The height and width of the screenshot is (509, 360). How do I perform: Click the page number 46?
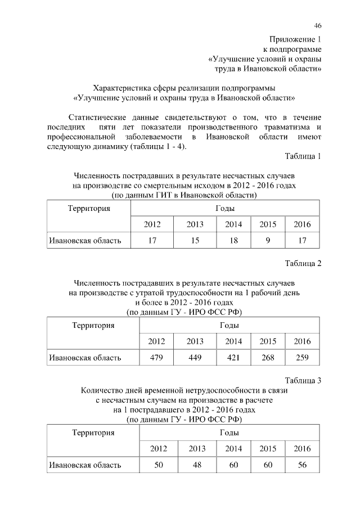(x=317, y=26)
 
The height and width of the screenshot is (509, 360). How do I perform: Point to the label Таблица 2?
(x=303, y=264)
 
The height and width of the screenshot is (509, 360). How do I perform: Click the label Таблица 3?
(x=303, y=380)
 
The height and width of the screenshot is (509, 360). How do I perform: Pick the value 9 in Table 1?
(x=268, y=241)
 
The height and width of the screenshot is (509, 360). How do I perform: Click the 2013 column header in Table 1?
(x=195, y=224)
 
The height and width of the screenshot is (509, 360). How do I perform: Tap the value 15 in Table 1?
(x=195, y=241)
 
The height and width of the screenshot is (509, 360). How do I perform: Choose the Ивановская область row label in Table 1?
(x=85, y=241)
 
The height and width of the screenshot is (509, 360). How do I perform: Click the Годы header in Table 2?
(x=229, y=326)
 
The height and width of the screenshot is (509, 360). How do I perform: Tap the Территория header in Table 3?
(x=94, y=433)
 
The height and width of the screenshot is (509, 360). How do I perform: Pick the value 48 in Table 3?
(x=197, y=465)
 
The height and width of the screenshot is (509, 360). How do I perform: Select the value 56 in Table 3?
(x=302, y=465)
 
